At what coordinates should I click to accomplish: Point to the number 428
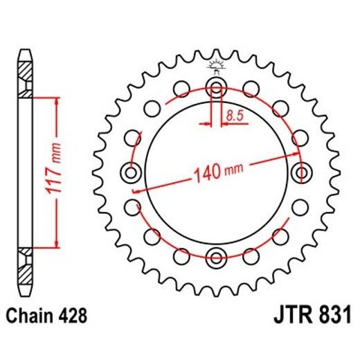click(x=73, y=317)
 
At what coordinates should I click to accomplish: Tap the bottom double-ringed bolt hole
click(x=216, y=258)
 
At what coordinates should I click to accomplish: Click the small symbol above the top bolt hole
click(x=216, y=66)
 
